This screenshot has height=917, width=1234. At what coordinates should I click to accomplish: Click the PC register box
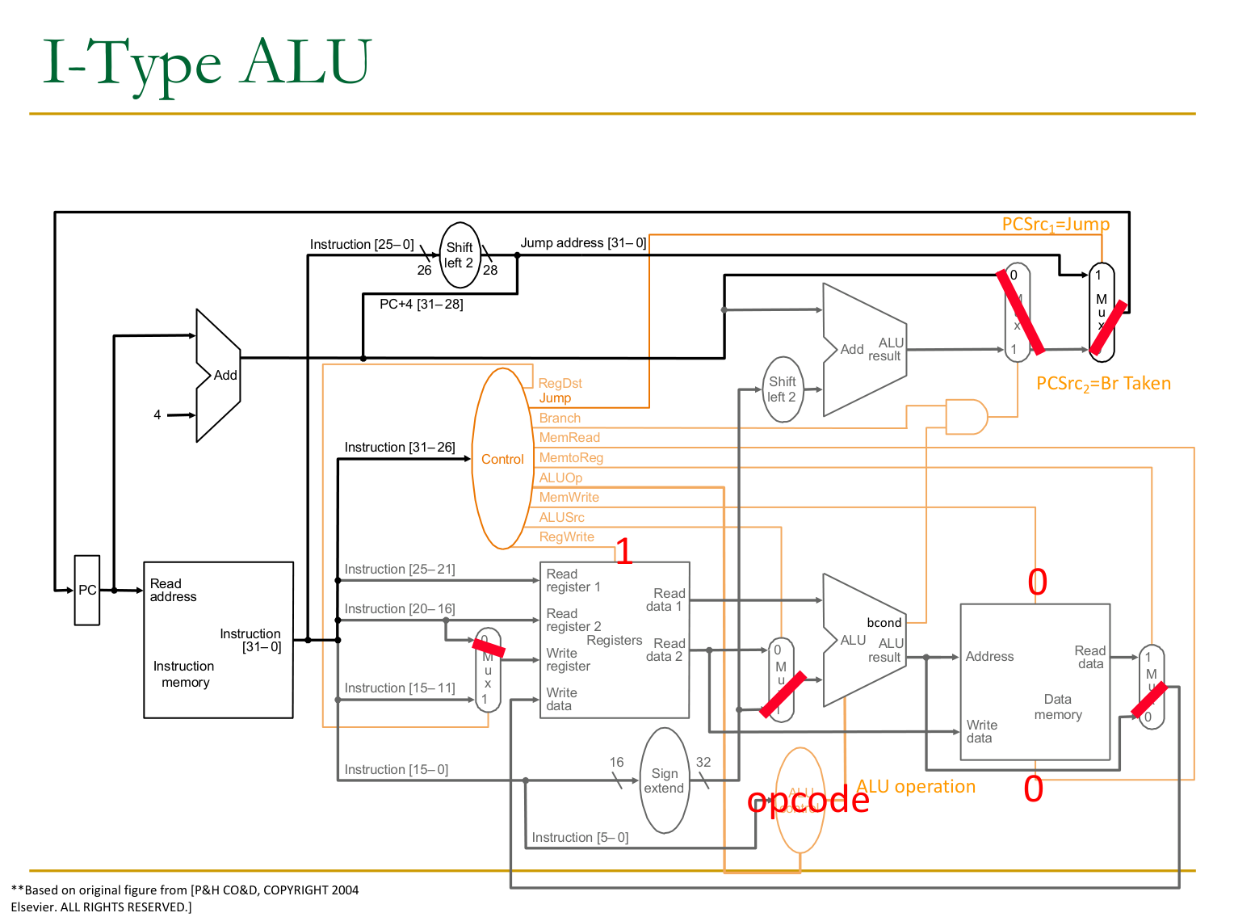87,590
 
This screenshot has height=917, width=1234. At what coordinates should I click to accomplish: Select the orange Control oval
502,459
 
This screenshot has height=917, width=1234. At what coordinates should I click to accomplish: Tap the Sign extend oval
664,780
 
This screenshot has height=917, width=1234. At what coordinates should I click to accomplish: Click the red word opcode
808,800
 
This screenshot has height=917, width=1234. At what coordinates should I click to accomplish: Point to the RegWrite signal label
566,537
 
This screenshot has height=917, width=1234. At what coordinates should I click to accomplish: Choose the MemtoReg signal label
571,457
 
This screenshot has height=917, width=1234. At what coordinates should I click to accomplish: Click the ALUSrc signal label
561,517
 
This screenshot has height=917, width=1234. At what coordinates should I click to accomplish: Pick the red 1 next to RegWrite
623,551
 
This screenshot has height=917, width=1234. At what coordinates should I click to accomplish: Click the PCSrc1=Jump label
1056,225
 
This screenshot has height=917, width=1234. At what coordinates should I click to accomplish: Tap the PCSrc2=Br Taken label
1103,384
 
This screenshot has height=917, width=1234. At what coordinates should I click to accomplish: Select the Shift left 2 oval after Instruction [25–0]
460,255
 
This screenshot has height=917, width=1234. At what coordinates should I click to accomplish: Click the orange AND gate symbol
967,417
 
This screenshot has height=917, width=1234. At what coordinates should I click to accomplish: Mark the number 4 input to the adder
157,415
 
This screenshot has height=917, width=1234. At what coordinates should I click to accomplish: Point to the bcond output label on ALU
884,623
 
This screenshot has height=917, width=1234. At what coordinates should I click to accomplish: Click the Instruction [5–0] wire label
580,838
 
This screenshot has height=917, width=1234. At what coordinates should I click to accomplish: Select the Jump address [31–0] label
583,243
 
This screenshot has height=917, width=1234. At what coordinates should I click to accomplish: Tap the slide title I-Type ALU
207,63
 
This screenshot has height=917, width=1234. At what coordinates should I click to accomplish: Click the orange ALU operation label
916,787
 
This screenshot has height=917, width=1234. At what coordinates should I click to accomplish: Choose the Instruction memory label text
184,674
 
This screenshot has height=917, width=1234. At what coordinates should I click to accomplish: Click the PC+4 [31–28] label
421,305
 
